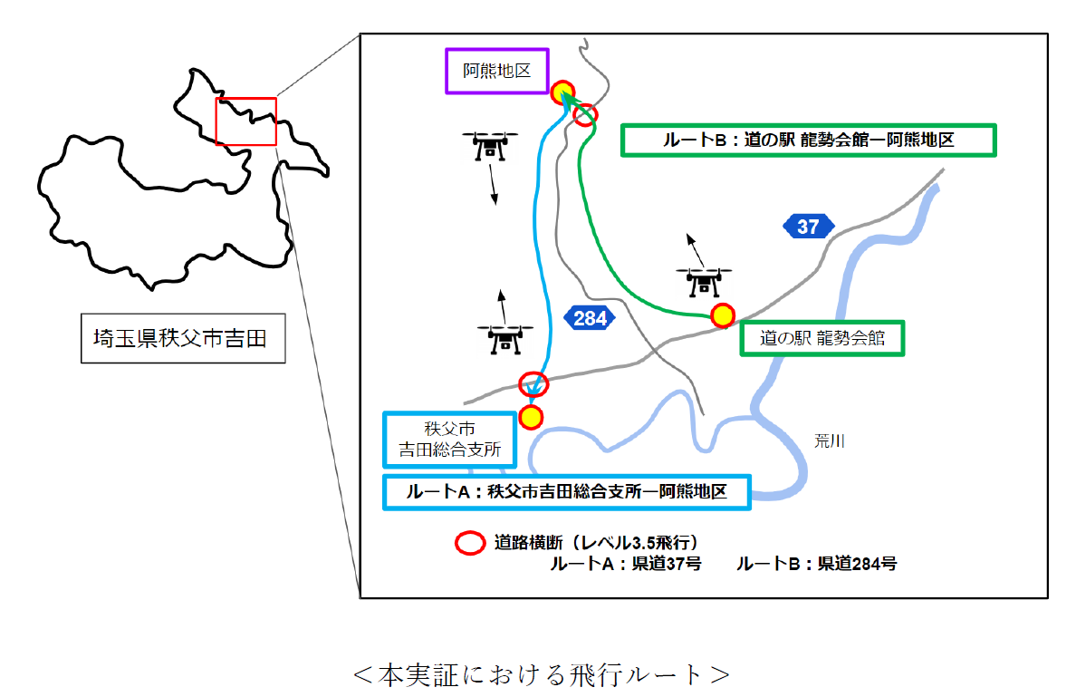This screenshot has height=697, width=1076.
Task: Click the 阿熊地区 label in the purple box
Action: [496, 71]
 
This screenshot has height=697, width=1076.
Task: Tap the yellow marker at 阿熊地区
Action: [562, 91]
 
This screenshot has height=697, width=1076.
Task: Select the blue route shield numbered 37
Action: [808, 227]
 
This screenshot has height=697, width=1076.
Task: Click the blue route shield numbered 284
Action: [590, 318]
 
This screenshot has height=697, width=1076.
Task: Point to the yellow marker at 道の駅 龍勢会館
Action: [722, 315]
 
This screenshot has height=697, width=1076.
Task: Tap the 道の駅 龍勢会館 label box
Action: [821, 338]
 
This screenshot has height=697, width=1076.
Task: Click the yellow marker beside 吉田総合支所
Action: [531, 417]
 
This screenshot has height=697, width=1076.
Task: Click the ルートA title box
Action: [567, 492]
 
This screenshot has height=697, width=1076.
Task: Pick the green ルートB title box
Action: [808, 140]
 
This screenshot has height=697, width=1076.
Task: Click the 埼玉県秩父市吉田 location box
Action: [182, 339]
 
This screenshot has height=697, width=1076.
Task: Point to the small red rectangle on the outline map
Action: [245, 121]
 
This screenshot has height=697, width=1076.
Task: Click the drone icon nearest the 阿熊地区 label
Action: [490, 146]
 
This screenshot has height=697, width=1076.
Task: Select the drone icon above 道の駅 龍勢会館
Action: [704, 280]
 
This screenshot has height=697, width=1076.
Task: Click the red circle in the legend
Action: [469, 543]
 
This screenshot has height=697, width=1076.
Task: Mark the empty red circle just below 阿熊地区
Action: [586, 114]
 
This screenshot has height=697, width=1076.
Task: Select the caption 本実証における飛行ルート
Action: [541, 674]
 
